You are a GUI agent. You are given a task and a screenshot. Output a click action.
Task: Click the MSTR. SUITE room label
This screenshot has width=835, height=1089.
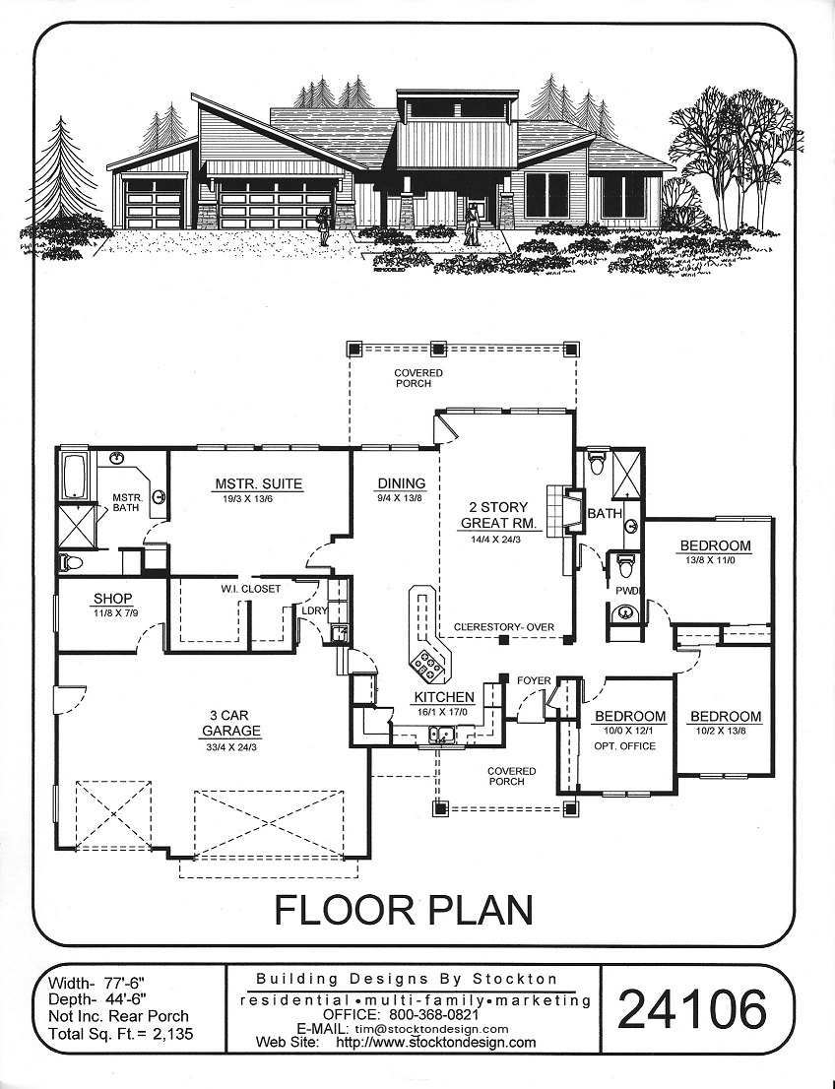[x=258, y=484]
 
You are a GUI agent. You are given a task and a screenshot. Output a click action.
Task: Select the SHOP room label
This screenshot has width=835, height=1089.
[x=112, y=598]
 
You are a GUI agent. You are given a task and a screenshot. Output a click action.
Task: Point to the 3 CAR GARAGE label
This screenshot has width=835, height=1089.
[x=231, y=723]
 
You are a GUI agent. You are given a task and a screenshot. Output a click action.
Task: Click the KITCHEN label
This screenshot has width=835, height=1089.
[x=445, y=697]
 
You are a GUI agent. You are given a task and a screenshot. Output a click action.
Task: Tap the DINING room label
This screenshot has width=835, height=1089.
[x=402, y=483]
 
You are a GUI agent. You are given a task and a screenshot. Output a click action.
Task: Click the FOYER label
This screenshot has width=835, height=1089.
[x=534, y=681]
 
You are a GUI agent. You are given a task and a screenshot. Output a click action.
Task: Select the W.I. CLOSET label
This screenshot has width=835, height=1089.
[x=251, y=589]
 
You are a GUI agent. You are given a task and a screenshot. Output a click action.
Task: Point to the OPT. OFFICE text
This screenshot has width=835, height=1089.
[x=624, y=746]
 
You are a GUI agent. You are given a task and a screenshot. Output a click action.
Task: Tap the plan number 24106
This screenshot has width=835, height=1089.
[x=692, y=1009]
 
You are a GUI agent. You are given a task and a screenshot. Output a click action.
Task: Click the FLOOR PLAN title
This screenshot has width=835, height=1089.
[x=405, y=911]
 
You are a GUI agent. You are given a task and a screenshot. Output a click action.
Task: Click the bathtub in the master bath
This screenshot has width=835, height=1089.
[x=74, y=476]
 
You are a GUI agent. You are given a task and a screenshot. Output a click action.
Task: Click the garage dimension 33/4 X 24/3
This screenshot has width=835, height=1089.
[x=231, y=748]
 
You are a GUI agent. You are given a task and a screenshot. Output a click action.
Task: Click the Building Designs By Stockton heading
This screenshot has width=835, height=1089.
[x=407, y=980]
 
